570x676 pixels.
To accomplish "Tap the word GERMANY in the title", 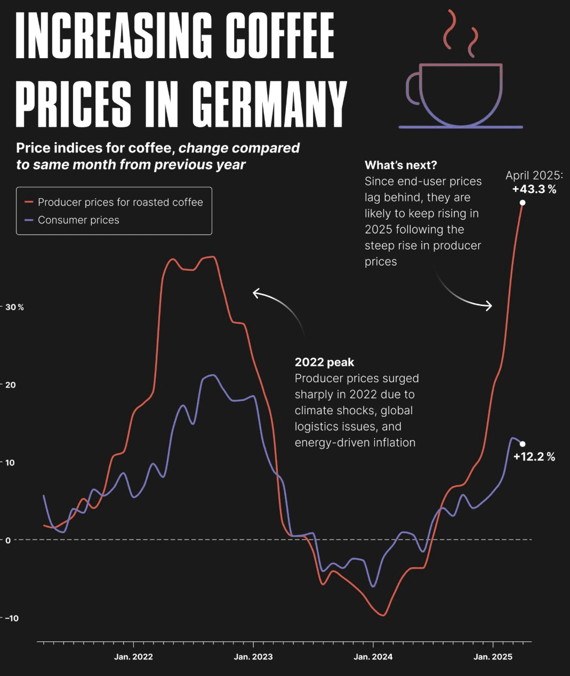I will pos(269,103).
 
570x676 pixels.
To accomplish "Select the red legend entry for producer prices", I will pos(114,203).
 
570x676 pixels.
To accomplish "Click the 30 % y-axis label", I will pos(14,308).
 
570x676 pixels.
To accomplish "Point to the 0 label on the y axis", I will pos(8,540).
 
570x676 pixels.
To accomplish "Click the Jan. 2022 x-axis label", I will pos(133,657).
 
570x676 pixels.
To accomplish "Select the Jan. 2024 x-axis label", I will pos(373,657).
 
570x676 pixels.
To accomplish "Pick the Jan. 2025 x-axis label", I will pos(493,657).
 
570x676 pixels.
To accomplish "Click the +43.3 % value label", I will pos(534,189).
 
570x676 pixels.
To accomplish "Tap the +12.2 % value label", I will pos(534,457).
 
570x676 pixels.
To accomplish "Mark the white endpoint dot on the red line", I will pos(523,203).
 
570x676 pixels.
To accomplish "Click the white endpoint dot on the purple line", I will pos(523,444).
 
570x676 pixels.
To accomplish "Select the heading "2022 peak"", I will pos(324,363).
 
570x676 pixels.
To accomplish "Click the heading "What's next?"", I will pos(400,165).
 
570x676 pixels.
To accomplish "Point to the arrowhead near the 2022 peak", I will pos(255,293).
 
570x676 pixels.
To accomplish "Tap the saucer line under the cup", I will pos(461,127).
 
